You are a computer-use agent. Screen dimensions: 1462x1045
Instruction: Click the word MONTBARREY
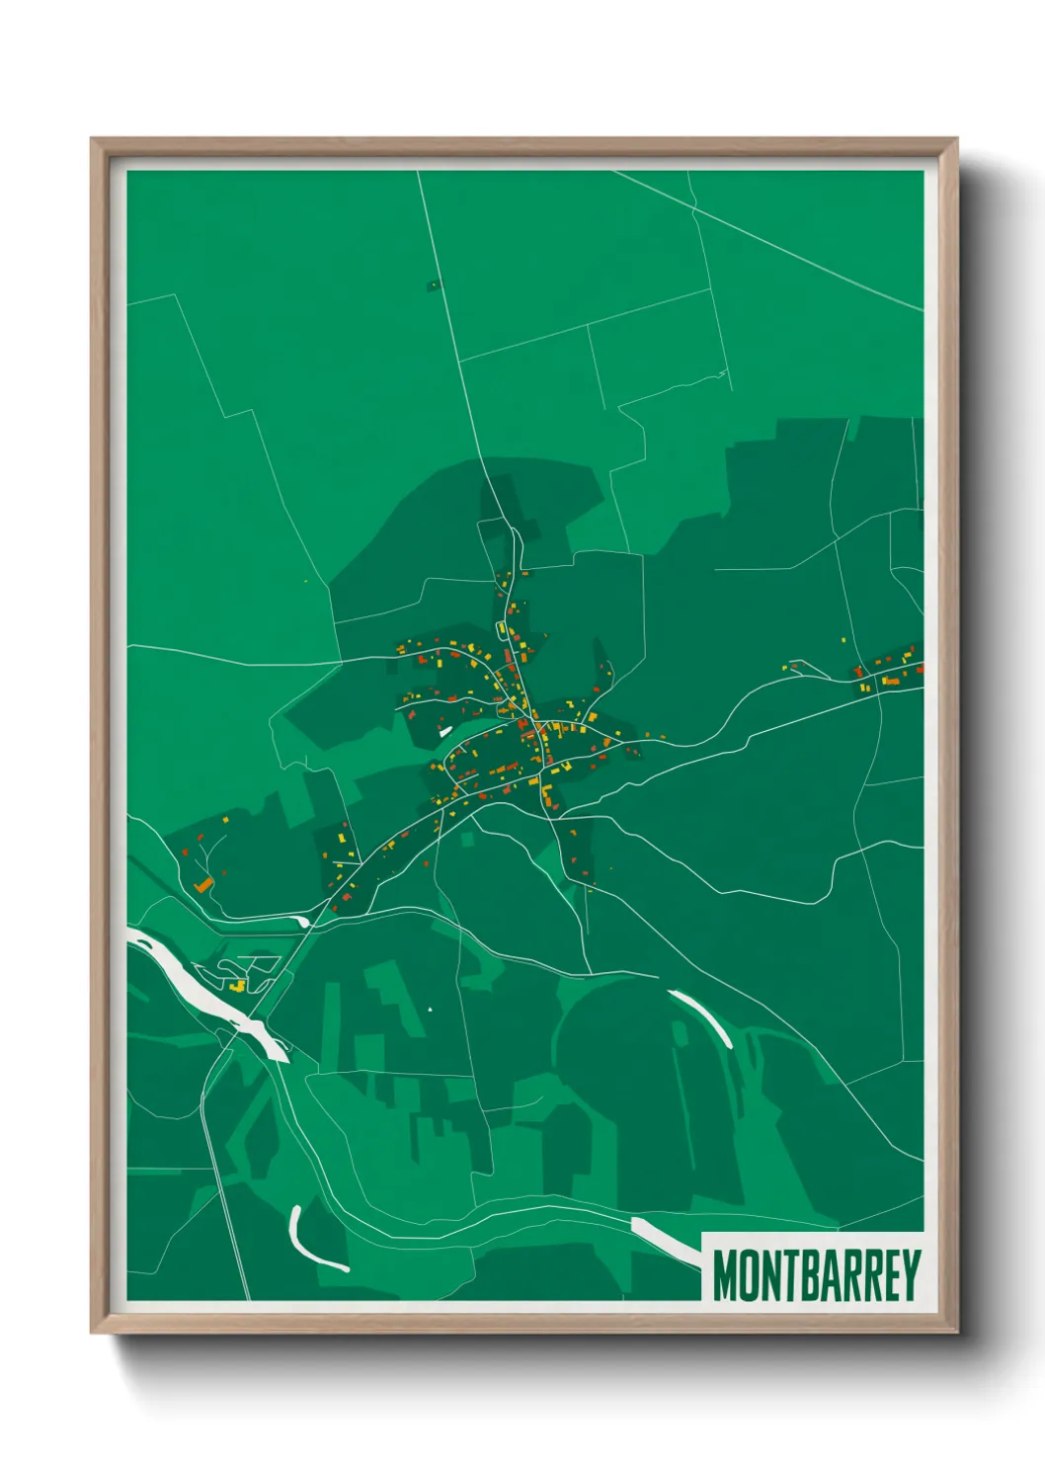[816, 1275]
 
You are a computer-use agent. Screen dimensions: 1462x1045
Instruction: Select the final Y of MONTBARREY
[911, 1275]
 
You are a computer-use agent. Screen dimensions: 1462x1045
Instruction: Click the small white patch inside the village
[444, 731]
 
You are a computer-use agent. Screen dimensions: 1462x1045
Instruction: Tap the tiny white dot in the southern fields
[430, 1009]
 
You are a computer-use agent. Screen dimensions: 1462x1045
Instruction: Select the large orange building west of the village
[203, 885]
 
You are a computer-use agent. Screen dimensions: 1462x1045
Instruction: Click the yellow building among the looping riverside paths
[236, 985]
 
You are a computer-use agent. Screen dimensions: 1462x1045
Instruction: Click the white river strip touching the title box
[664, 1239]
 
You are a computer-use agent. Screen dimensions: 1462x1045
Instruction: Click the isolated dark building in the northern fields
[432, 285]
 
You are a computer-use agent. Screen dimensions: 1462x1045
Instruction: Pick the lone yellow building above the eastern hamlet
[844, 640]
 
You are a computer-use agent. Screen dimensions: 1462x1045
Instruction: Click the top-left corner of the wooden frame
[93, 140]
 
